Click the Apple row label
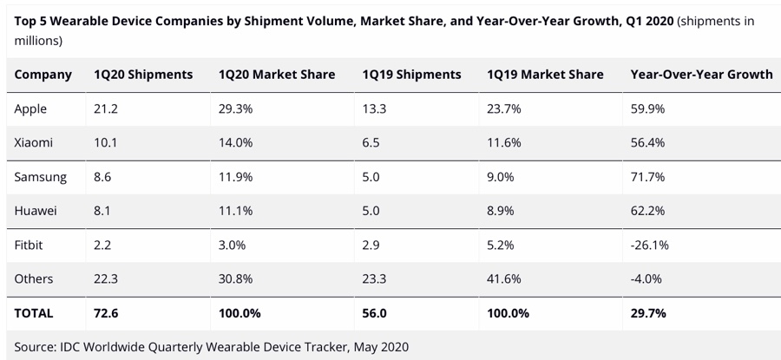click(x=30, y=109)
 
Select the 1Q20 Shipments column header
click(x=143, y=75)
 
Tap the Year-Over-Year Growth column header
click(x=701, y=75)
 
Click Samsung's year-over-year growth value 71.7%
click(x=648, y=177)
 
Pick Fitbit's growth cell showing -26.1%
click(x=650, y=245)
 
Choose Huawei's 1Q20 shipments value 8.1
click(x=104, y=211)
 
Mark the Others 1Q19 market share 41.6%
click(x=505, y=278)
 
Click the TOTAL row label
click(x=34, y=313)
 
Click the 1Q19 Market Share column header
click(x=545, y=75)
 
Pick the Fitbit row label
click(x=29, y=245)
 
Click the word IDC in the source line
click(x=75, y=346)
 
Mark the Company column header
click(x=43, y=75)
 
